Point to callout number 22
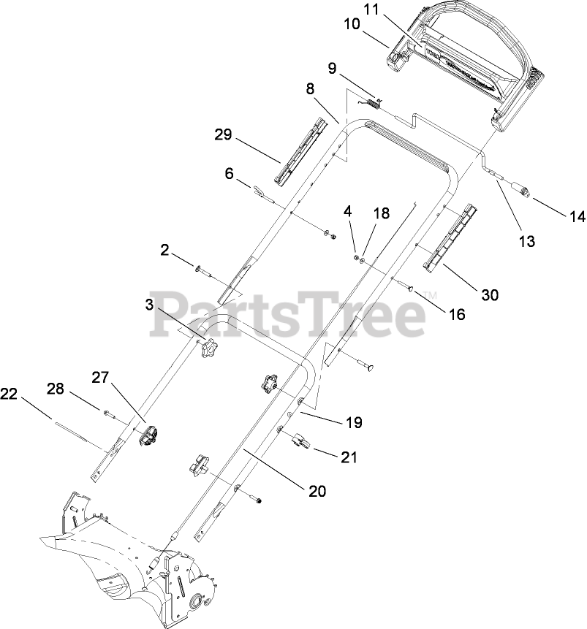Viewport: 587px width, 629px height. (x=9, y=394)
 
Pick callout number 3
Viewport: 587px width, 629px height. (x=151, y=305)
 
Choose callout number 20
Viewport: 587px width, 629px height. (x=316, y=491)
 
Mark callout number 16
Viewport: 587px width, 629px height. (x=456, y=315)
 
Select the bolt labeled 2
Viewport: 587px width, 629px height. (x=202, y=272)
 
